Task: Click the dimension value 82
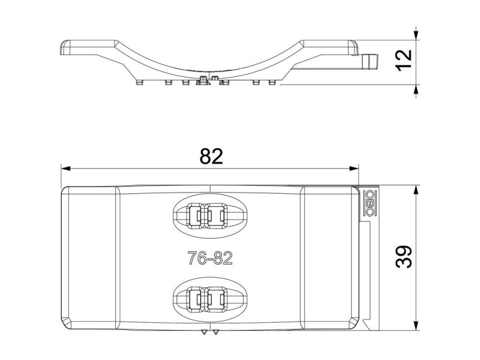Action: point(211,156)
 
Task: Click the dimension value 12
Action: point(404,60)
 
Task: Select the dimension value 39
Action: point(404,256)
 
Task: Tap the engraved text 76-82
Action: point(210,258)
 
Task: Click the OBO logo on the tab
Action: point(369,203)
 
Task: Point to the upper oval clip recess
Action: point(209,215)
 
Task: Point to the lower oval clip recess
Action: point(209,299)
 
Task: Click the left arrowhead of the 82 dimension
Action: point(66,169)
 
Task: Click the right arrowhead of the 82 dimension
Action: point(354,169)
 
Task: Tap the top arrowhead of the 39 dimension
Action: point(416,190)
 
